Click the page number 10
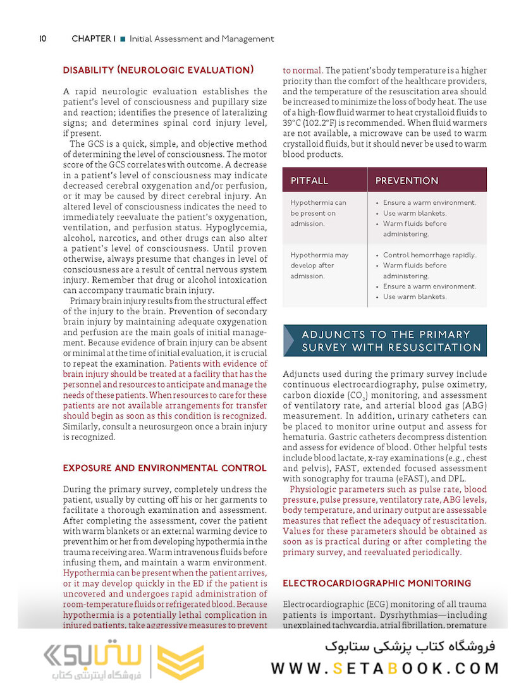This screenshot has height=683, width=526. [x=43, y=39]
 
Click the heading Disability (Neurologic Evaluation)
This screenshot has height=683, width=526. [x=158, y=70]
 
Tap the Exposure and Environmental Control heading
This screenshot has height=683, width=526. [x=164, y=468]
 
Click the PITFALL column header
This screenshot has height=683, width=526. [x=309, y=181]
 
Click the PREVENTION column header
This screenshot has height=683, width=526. [x=407, y=181]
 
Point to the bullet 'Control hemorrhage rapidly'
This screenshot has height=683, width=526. [x=430, y=255]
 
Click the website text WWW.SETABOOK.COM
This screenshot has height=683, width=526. [x=385, y=668]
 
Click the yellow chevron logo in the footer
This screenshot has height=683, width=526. [x=180, y=661]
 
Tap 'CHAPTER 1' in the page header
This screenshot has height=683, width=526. [x=94, y=39]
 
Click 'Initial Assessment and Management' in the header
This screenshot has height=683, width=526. [x=202, y=39]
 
